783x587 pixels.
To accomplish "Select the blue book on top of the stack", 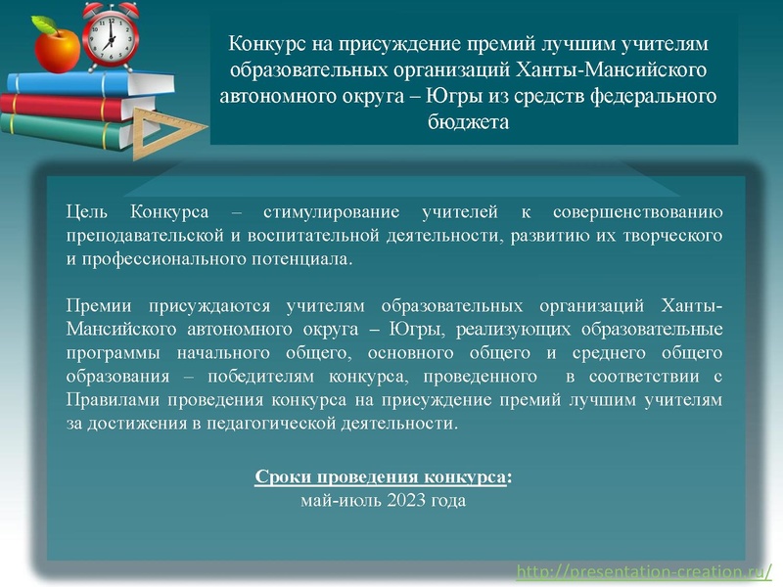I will [78, 82].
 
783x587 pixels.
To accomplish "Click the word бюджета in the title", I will [469, 123].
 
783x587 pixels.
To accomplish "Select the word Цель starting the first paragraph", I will [87, 211].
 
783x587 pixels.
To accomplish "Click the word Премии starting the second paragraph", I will [97, 304].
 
